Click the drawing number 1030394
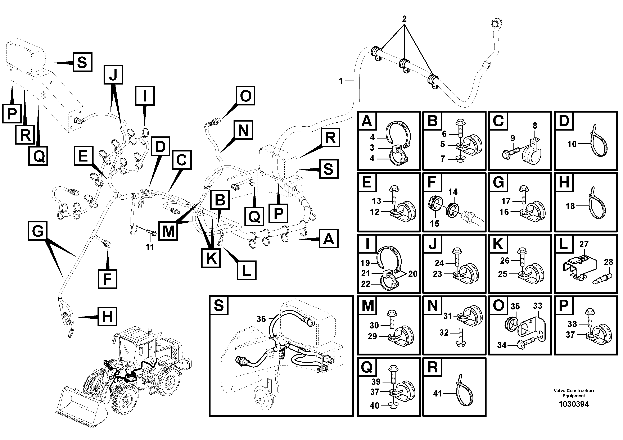click(x=574, y=404)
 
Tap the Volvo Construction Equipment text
click(x=574, y=393)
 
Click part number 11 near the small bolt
click(x=150, y=247)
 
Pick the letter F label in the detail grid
click(x=432, y=182)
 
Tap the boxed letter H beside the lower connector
click(x=107, y=317)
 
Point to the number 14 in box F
click(x=453, y=192)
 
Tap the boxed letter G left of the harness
click(x=37, y=231)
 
